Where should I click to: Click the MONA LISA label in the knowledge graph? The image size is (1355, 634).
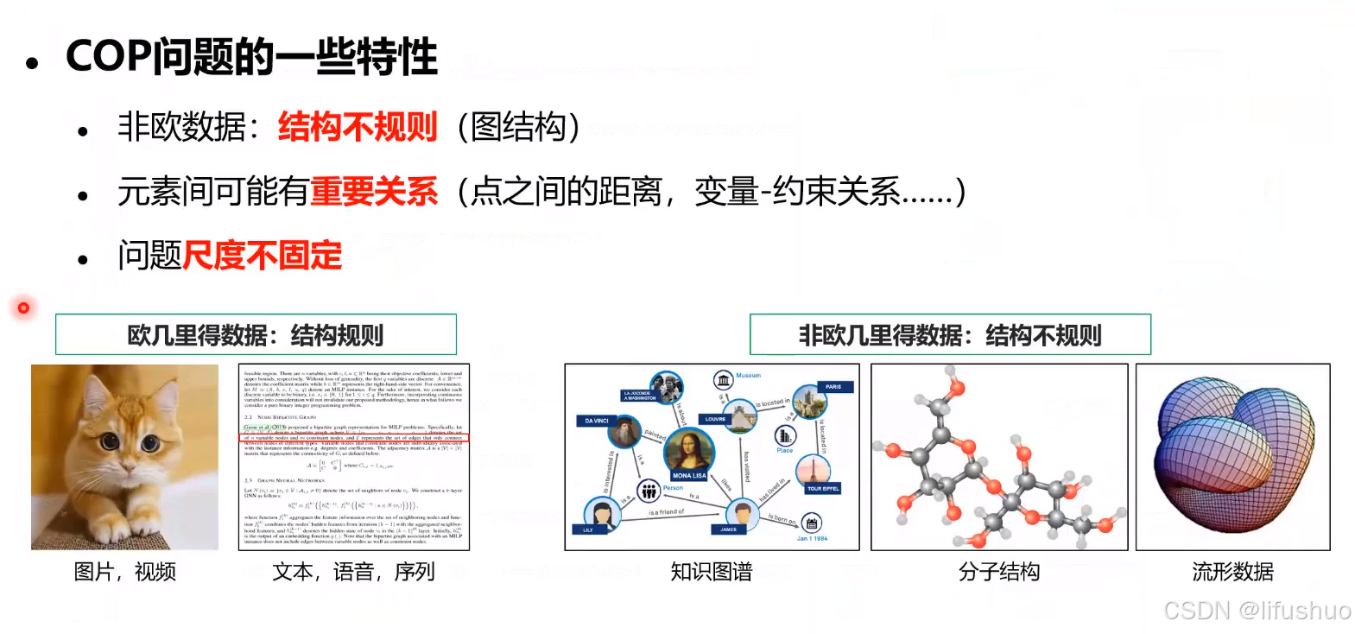click(x=689, y=475)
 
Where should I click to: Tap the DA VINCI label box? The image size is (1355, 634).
click(x=596, y=421)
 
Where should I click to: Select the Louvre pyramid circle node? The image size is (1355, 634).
click(x=738, y=415)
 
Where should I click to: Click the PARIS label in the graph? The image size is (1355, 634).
click(x=833, y=387)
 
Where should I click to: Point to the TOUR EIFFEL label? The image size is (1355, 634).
click(x=823, y=489)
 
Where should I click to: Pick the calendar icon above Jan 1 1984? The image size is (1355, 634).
click(x=812, y=523)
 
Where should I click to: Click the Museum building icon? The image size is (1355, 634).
click(x=723, y=380)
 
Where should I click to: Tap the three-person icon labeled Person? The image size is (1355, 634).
click(x=649, y=491)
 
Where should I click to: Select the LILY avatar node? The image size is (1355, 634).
click(x=601, y=515)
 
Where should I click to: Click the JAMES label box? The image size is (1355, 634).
click(x=729, y=529)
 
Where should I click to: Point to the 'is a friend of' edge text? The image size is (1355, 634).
click(x=667, y=512)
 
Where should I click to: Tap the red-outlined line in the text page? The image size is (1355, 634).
click(x=354, y=438)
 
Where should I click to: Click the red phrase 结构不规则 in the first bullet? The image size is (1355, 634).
click(x=358, y=127)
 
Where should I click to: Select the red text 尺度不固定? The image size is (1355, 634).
click(x=263, y=256)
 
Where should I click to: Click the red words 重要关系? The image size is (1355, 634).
click(x=374, y=192)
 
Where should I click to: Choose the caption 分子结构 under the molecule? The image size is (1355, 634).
click(x=999, y=572)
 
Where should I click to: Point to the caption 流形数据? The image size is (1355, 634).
click(x=1232, y=572)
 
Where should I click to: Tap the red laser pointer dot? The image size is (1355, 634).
click(x=23, y=307)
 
